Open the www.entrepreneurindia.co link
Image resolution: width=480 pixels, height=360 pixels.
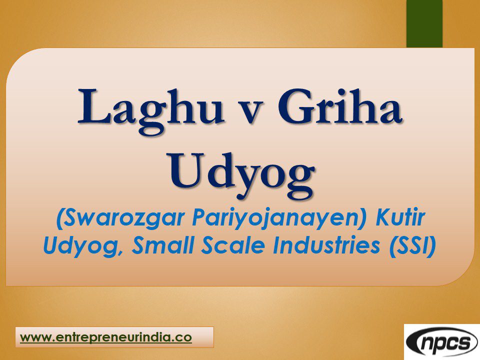tap(106, 337)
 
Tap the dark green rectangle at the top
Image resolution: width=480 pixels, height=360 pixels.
tap(424, 23)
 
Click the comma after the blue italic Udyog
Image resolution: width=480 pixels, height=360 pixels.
tap(113, 251)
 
